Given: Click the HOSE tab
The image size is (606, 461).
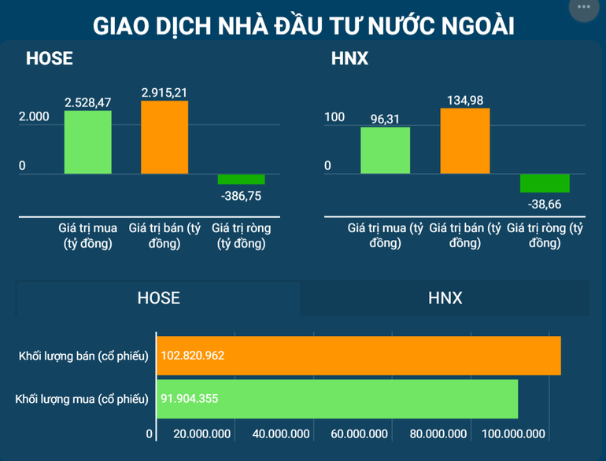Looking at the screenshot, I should [158, 298].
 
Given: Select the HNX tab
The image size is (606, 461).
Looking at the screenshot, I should [445, 298].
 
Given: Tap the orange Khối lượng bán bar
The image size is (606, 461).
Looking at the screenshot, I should [359, 356].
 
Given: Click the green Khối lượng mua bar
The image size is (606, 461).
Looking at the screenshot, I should [338, 399].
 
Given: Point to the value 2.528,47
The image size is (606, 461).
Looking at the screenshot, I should [88, 102].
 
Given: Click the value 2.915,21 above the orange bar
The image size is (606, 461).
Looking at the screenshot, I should [164, 93].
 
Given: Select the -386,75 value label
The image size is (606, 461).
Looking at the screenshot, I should [242, 195].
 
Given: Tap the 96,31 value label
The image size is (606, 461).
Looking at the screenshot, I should [386, 120].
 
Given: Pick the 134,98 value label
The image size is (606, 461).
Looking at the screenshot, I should [464, 100].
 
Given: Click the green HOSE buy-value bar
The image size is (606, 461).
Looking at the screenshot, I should [88, 142].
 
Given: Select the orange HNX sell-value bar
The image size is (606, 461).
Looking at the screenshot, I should [465, 141].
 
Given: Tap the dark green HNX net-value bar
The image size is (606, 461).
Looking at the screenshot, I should [545, 183].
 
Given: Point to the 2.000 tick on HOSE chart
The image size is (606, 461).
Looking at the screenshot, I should [34, 116].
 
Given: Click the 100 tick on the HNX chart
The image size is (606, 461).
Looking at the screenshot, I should [335, 117].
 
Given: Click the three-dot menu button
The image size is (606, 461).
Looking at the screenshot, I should [584, 7].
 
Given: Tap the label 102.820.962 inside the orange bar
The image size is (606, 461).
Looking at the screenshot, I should [193, 356].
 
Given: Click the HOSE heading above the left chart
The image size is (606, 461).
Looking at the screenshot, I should [49, 59].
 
